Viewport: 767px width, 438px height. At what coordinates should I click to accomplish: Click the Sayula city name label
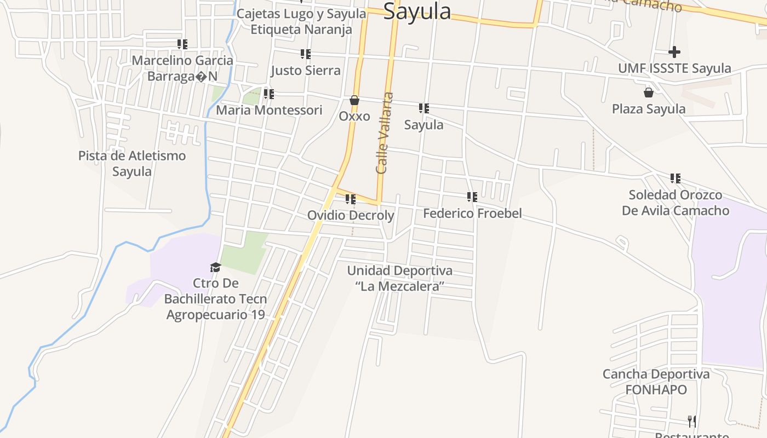point(417,11)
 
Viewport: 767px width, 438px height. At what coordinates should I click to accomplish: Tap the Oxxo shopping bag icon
point(354,101)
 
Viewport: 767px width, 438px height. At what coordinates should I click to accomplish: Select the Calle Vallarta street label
point(385,133)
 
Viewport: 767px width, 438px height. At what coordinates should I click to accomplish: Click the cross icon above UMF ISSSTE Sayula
point(674,52)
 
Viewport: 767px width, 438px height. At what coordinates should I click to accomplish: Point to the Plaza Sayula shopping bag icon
point(649,93)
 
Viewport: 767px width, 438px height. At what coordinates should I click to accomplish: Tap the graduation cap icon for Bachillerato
point(215,267)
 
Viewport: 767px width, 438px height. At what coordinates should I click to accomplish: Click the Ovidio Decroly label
point(350,215)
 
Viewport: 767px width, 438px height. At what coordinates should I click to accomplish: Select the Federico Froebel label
point(472,213)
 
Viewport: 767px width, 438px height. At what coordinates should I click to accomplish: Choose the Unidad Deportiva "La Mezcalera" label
point(400,278)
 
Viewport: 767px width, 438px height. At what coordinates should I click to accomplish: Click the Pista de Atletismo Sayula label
point(132,163)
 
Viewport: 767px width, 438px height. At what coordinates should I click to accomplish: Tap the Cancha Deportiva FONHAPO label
point(656,382)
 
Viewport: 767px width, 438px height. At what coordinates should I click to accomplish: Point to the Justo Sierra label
point(306,70)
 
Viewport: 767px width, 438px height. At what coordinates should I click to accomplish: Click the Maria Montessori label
point(269,110)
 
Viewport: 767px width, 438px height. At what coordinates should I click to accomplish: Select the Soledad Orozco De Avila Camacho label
point(676,203)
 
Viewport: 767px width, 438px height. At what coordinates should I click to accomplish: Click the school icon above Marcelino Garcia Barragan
point(182,44)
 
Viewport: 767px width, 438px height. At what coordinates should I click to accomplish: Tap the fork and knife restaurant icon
point(692,421)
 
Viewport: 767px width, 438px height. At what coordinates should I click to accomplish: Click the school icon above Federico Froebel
point(472,197)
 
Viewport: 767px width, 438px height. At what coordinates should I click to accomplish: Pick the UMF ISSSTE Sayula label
point(674,68)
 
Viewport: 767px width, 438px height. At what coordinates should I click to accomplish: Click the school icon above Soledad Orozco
point(676,178)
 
